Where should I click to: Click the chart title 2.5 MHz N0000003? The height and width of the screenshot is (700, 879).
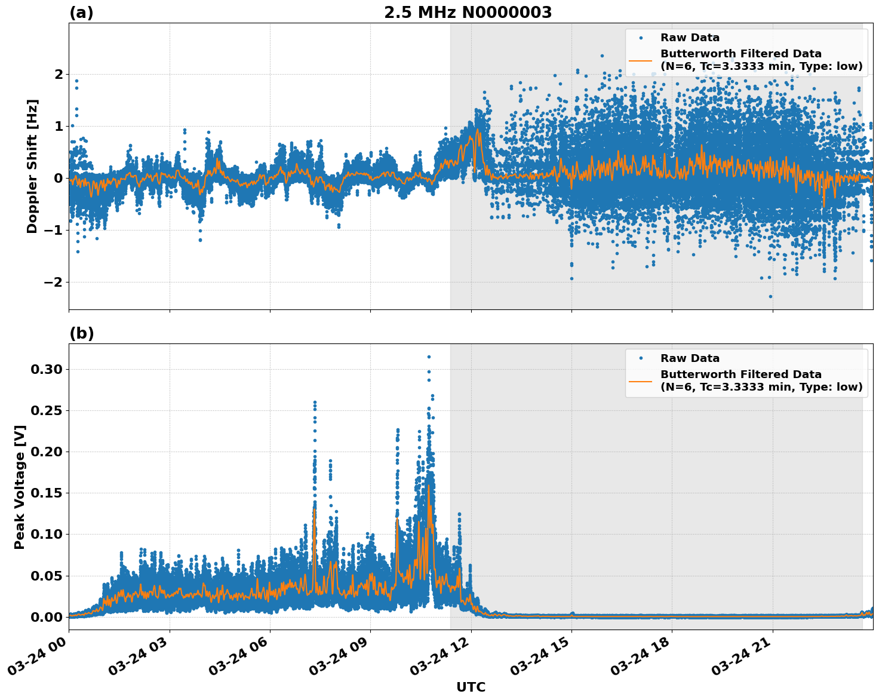click(468, 13)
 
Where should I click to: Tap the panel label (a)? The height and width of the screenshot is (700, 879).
click(81, 13)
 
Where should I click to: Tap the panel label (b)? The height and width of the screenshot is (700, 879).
click(81, 333)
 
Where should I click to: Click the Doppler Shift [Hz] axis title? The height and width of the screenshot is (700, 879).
click(32, 166)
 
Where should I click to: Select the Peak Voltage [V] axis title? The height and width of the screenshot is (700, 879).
click(20, 487)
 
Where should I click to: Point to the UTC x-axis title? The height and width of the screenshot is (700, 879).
click(471, 687)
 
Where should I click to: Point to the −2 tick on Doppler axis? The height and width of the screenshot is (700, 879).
click(54, 282)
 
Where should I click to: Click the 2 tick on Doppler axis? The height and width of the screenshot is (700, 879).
click(59, 74)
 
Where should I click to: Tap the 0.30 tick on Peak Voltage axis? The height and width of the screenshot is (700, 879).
click(47, 369)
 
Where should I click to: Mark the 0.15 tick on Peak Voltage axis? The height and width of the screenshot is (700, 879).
click(47, 493)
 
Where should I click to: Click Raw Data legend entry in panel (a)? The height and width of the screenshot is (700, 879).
click(690, 38)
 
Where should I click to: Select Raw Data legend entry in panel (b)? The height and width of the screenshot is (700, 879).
click(690, 358)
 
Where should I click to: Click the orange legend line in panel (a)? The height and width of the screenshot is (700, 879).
click(641, 60)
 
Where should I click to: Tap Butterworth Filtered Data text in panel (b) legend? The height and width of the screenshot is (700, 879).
click(740, 374)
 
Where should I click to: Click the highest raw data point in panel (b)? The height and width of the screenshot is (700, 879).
click(429, 357)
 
